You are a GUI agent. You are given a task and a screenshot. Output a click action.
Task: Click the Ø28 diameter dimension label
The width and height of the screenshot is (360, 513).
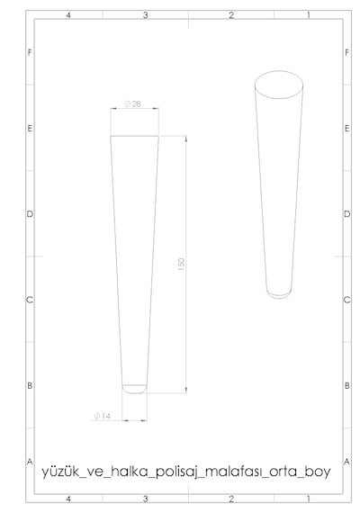click(132, 103)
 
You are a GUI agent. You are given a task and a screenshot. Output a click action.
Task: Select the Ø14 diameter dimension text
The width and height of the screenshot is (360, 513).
click(102, 416)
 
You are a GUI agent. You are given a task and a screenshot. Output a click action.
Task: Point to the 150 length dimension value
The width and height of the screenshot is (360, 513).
click(181, 265)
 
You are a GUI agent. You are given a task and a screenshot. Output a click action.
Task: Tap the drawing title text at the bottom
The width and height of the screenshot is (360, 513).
click(186, 472)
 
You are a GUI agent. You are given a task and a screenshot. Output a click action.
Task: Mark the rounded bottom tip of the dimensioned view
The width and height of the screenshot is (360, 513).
click(134, 392)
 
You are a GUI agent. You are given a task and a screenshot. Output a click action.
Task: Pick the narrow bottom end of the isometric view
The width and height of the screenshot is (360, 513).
click(279, 297)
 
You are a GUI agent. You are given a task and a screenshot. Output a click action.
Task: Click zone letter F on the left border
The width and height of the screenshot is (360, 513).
click(30, 52)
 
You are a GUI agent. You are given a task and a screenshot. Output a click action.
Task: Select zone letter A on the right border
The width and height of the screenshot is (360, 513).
click(346, 462)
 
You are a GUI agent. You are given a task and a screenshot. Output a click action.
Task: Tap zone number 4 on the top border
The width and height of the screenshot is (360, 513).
click(68, 15)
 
